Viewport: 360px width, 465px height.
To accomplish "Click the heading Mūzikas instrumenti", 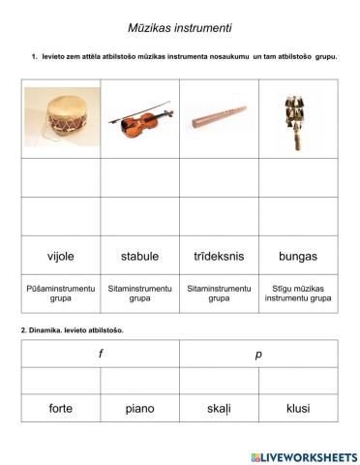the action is [179, 28].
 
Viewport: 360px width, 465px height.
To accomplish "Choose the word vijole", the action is [60, 256].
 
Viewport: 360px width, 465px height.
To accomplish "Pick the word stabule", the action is [139, 256].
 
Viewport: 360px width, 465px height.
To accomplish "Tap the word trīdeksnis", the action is [219, 256].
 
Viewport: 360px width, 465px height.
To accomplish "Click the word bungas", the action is [298, 256].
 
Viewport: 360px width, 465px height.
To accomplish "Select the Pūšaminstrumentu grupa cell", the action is [60, 294].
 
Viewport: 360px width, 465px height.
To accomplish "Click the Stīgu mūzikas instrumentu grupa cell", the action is [298, 294].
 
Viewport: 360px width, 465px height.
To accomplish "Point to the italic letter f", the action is [101, 355].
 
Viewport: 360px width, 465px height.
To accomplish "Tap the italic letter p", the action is [258, 355].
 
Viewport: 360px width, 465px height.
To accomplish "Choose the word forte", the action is [60, 408].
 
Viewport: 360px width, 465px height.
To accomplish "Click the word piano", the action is [139, 408].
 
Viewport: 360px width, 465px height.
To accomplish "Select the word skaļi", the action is [219, 408].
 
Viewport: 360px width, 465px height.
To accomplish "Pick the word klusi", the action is [298, 408].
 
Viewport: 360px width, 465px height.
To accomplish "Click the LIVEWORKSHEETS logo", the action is [303, 456].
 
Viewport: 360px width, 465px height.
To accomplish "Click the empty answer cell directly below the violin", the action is [139, 177].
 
